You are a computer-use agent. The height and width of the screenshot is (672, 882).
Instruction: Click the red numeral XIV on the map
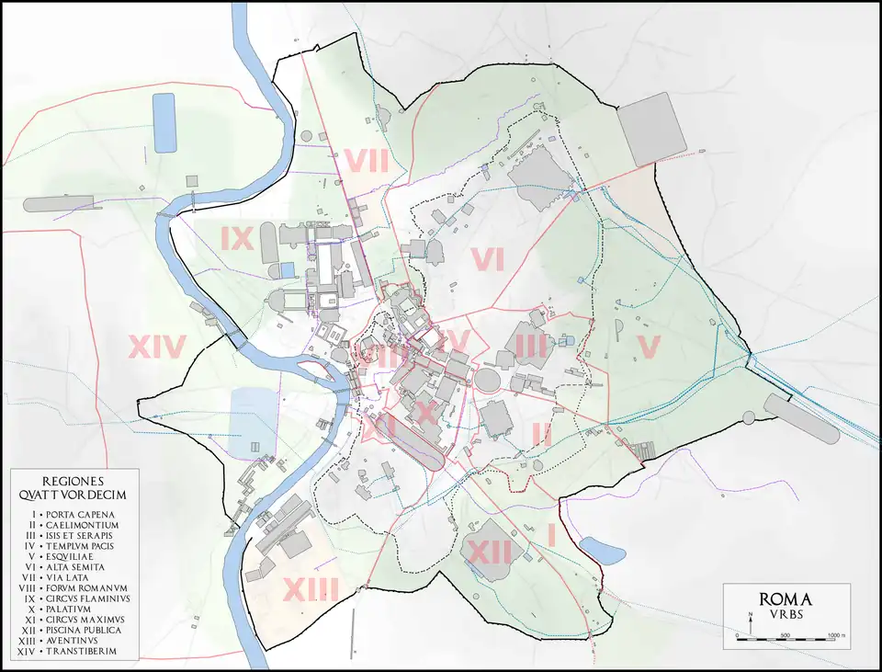[157, 347]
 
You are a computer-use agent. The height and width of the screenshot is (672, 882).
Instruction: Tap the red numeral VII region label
[366, 161]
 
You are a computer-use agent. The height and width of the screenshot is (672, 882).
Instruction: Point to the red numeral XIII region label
[311, 588]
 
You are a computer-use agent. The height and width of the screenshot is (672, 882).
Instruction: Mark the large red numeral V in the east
[649, 347]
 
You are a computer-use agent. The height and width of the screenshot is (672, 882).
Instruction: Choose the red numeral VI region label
[487, 261]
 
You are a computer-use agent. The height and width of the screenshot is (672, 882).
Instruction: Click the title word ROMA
[786, 598]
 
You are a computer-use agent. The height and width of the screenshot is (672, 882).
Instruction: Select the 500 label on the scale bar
[786, 636]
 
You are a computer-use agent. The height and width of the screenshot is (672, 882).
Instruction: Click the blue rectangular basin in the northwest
[164, 122]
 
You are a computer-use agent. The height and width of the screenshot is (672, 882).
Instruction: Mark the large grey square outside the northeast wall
[651, 135]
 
